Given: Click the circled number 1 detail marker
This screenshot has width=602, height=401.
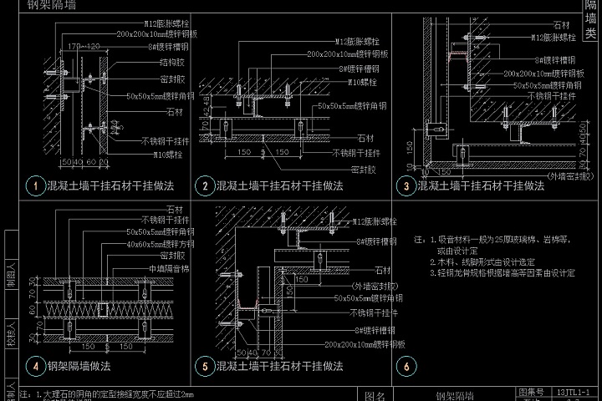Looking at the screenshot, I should tap(35, 185).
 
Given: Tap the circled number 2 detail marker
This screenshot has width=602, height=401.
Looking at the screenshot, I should tap(204, 185).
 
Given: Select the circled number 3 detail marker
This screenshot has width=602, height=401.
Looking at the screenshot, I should tap(406, 185).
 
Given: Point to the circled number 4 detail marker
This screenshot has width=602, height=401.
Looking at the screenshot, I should tap(35, 366).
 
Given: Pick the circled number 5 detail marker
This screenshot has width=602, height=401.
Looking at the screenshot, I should tap(204, 366).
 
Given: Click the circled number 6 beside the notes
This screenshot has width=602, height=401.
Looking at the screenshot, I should tap(406, 366).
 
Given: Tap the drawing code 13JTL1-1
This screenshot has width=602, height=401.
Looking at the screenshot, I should tap(573, 390).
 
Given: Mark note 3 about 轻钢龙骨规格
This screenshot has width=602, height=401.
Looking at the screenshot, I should tap(502, 272).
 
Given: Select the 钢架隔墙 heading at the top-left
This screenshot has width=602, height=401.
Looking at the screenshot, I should tap(50, 5).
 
